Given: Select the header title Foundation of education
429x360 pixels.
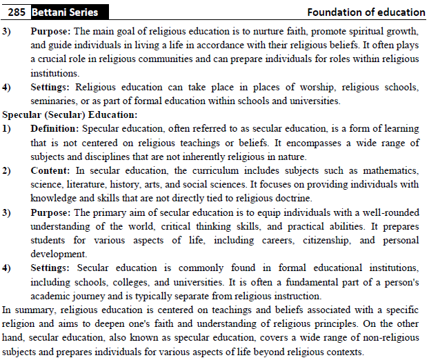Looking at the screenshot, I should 366,12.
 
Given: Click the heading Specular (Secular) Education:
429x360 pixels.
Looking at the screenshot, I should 70,114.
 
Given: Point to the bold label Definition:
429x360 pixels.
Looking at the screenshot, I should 54,129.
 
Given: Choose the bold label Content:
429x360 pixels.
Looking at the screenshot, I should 50,170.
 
